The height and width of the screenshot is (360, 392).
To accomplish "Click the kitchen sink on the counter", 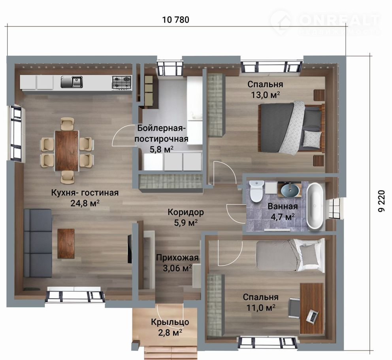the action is click(72, 82).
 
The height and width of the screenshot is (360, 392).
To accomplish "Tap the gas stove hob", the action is click(121, 82).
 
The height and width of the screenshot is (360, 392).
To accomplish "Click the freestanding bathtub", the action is click(315, 206).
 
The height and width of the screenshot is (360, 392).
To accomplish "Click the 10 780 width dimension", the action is click(176, 19).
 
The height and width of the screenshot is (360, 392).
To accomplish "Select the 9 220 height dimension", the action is click(380, 201).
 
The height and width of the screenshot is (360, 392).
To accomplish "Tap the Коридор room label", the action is click(185, 212).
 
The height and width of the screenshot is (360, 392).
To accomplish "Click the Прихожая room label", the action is click(177, 258).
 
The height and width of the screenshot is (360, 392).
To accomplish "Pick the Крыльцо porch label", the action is click(170, 322).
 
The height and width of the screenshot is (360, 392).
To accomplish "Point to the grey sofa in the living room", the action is click(38, 243).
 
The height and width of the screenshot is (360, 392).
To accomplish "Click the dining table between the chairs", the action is click(67, 151).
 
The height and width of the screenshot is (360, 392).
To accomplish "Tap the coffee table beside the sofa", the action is click(66, 243).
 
